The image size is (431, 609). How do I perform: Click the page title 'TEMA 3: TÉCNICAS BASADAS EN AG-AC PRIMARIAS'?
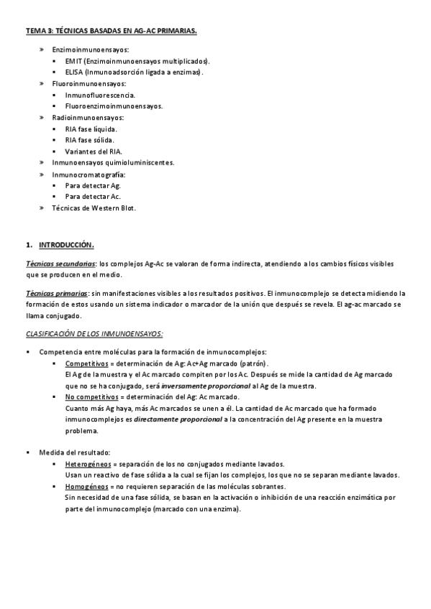111,32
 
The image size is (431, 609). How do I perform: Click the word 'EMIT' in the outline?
74,61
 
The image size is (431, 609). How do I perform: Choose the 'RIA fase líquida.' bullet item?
91,129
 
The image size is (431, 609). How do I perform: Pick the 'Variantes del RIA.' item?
94,152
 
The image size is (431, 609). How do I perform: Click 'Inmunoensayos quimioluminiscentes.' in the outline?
113,162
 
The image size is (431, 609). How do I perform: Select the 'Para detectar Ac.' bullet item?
93,196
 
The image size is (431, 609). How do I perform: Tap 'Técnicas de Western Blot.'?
94,208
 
